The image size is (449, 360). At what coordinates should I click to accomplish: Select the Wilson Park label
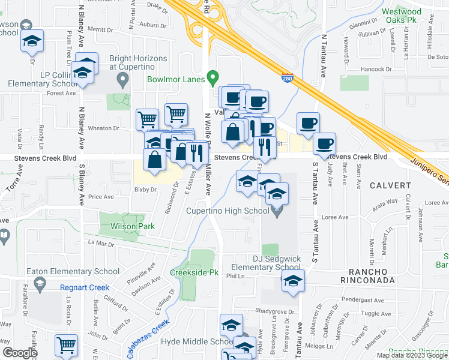(132, 227)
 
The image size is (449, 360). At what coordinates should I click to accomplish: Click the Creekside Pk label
(193, 272)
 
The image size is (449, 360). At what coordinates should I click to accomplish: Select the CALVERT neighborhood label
(388, 185)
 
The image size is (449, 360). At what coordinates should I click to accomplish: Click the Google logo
(20, 353)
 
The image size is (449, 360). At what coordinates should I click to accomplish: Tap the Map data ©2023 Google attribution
(412, 355)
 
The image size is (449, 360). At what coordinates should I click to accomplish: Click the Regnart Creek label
(85, 287)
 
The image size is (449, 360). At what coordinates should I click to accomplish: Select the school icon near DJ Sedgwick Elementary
(293, 280)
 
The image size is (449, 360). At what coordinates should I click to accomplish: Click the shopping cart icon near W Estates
(66, 346)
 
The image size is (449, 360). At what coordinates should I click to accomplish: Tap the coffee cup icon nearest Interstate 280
(309, 123)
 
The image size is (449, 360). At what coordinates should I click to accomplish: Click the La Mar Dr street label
(100, 243)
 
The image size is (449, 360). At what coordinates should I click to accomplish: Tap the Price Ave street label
(101, 197)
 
